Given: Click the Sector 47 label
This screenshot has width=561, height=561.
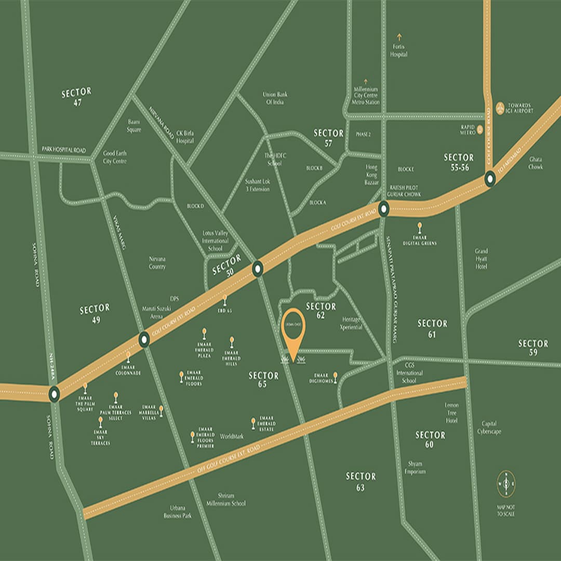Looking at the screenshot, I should click(x=76, y=97).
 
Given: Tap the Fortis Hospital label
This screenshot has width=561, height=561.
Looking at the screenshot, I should click(x=399, y=51).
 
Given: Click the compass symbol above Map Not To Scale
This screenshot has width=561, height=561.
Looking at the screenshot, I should click(x=506, y=483).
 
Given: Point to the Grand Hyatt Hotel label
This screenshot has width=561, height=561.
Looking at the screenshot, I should click(x=482, y=259).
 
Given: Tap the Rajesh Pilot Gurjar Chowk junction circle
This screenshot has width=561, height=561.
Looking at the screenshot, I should click(x=383, y=209).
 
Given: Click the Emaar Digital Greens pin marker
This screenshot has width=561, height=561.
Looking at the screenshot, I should click(x=420, y=228).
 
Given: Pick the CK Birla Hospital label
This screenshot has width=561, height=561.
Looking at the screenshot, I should click(x=185, y=137).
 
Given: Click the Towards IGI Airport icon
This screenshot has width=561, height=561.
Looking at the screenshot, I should click(x=501, y=108).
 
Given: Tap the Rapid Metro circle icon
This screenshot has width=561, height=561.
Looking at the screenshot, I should click(x=480, y=129).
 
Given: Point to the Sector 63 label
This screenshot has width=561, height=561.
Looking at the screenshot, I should click(x=360, y=482).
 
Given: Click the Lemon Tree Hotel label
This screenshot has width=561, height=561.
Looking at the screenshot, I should click(x=451, y=413).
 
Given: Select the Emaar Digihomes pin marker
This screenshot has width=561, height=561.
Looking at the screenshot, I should click(x=335, y=376).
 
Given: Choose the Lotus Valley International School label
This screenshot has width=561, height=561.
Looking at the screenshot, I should click(x=215, y=241).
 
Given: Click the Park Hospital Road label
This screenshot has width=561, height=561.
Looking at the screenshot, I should click(x=64, y=150).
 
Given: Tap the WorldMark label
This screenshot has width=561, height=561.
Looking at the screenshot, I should click(x=232, y=436).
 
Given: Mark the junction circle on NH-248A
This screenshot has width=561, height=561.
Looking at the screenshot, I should click(x=54, y=394).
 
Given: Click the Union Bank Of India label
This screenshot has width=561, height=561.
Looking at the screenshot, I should click(x=274, y=98).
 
